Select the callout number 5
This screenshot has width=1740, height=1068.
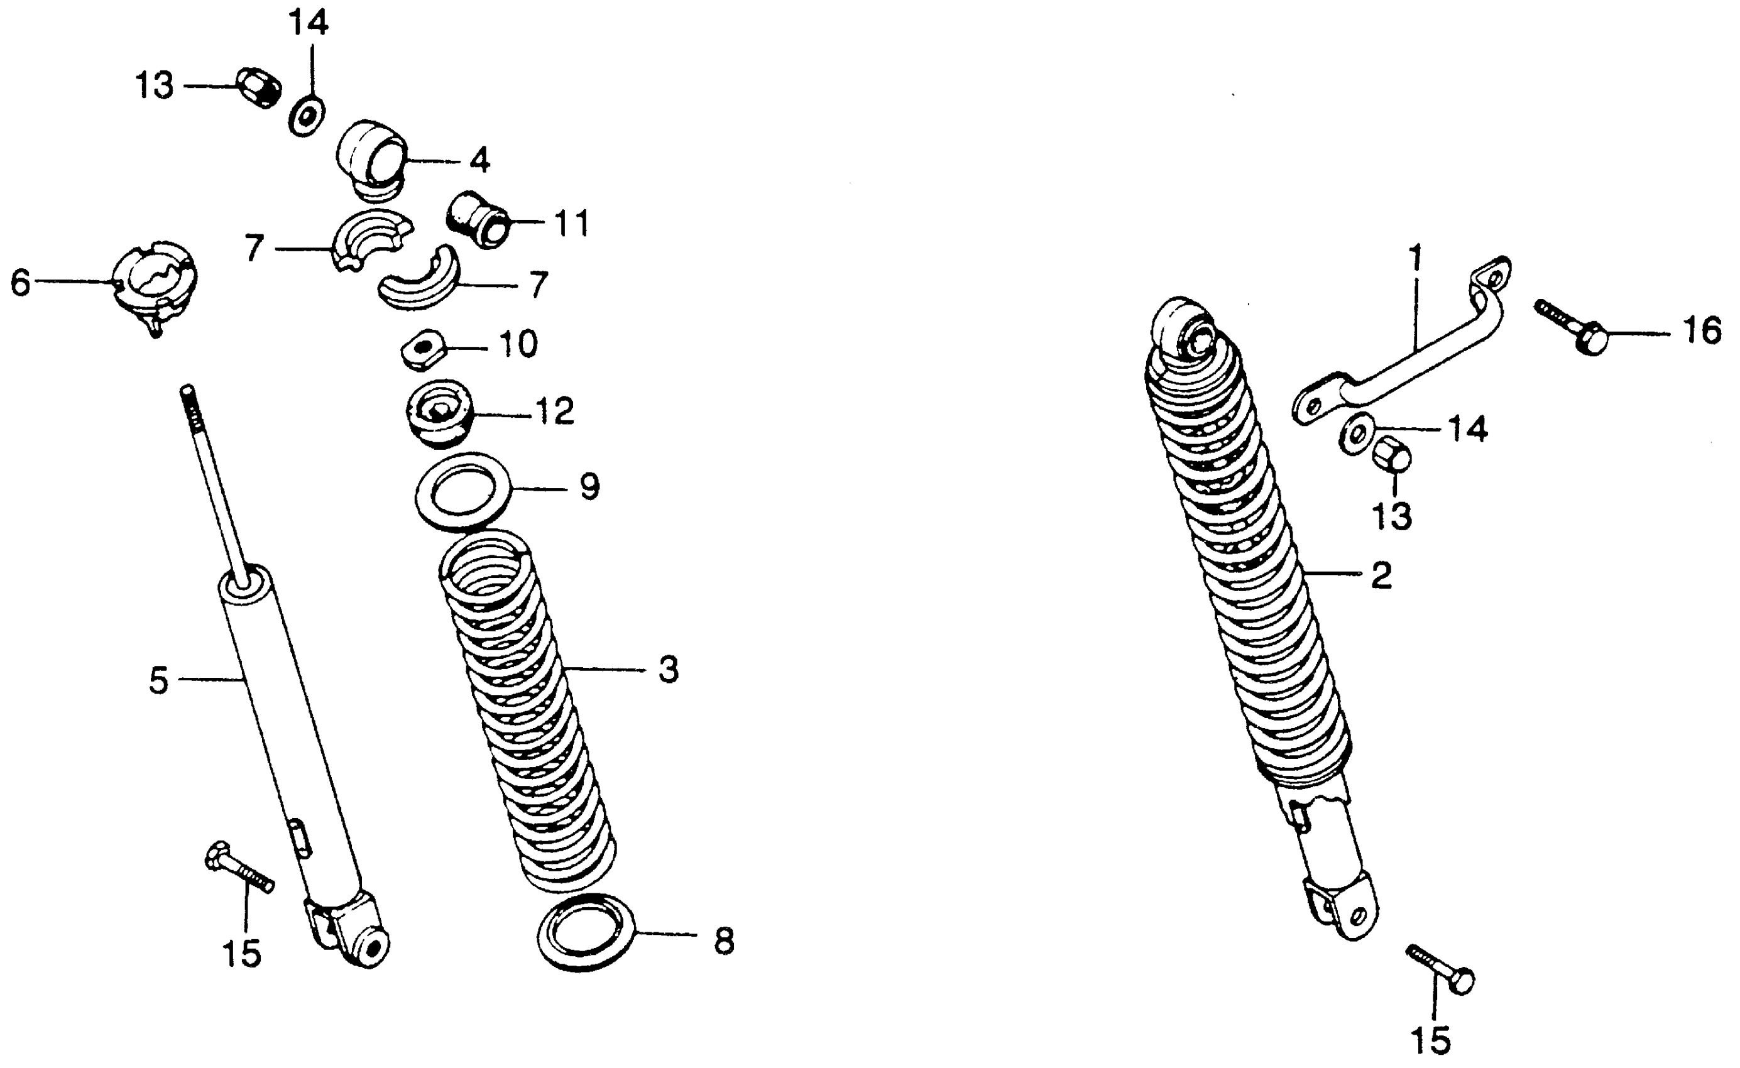coord(159,681)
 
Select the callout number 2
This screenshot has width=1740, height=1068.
coord(1381,575)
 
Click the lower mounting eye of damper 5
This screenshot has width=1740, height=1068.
coord(369,947)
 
